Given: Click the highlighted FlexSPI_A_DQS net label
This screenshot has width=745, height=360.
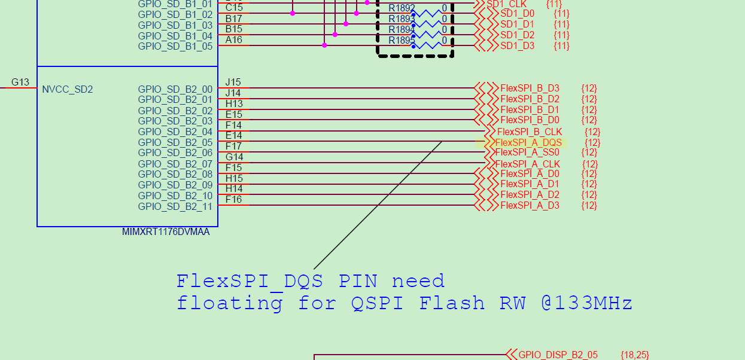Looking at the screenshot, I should pos(528,142).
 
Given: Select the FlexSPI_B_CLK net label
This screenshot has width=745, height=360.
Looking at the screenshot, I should pos(530,132).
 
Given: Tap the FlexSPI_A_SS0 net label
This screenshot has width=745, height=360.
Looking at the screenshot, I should pos(527,152).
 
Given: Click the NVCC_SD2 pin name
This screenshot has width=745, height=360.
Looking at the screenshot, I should pos(68,90).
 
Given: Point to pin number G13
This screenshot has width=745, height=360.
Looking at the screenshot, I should pos(20,82).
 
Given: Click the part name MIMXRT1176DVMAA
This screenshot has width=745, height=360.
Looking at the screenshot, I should pos(166,232).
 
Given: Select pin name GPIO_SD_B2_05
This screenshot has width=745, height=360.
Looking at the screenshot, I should pos(175,142).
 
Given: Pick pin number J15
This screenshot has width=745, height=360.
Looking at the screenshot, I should pos(233,82).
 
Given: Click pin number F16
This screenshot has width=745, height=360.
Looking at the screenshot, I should pos(234,199).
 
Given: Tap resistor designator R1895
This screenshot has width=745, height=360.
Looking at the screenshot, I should pos(402,41).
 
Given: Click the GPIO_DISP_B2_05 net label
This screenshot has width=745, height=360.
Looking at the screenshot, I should pos(558,355).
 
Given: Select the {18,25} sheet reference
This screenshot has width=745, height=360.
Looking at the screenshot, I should pos(635,355).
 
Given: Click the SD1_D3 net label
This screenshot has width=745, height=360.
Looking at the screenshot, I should pos(517,46).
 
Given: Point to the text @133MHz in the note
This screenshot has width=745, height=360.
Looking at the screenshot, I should pos(586,303).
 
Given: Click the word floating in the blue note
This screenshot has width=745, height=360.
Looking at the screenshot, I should pos(229,303).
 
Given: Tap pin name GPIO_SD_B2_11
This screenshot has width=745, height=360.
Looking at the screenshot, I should pos(175,207).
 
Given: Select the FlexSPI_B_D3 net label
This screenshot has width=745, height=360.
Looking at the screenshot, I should pos(530,89).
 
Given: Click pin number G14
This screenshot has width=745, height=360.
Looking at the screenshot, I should pos(234,157).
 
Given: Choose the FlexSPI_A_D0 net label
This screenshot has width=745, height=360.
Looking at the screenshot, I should pos(530,174).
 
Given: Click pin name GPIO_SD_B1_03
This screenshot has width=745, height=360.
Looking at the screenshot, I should pos(175,25).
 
